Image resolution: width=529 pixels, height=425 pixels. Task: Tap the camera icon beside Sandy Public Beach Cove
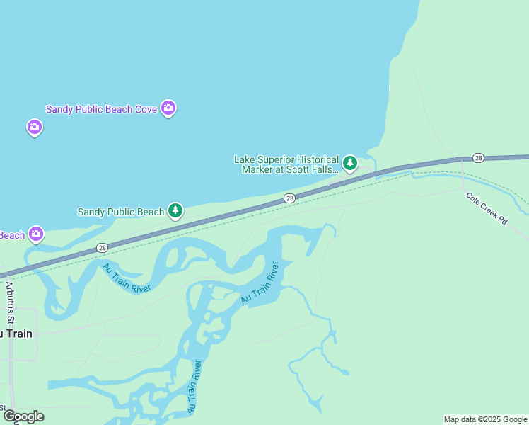click(168, 108)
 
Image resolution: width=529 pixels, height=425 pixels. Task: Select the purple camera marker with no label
click(35, 127)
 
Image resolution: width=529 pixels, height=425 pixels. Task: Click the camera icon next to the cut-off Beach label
click(36, 234)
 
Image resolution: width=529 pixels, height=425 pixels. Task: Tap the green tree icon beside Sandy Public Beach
click(175, 211)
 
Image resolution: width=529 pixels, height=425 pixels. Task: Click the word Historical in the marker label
click(314, 160)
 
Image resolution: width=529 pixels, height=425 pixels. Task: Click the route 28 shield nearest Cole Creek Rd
click(479, 157)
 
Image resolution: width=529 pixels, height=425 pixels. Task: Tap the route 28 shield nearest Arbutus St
click(103, 247)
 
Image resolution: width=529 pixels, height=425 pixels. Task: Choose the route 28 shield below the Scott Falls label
click(289, 198)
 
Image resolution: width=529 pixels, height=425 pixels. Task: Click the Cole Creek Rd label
click(487, 208)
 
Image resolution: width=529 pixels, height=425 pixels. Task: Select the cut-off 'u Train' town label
click(16, 334)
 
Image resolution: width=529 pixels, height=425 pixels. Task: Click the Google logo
click(23, 416)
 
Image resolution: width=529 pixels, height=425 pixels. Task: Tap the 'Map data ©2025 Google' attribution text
click(485, 419)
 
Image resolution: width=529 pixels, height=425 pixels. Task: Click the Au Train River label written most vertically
click(195, 387)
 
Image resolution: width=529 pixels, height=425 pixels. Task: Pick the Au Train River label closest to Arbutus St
click(127, 280)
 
